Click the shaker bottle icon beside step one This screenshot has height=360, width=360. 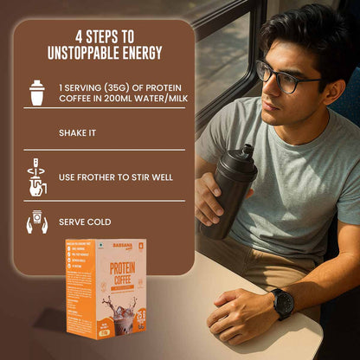(x=36, y=93)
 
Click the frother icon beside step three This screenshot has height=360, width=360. (x=36, y=177)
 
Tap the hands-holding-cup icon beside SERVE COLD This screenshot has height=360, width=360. (x=36, y=222)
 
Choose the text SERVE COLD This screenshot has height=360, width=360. (x=85, y=222)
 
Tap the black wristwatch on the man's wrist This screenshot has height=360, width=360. (x=283, y=303)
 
